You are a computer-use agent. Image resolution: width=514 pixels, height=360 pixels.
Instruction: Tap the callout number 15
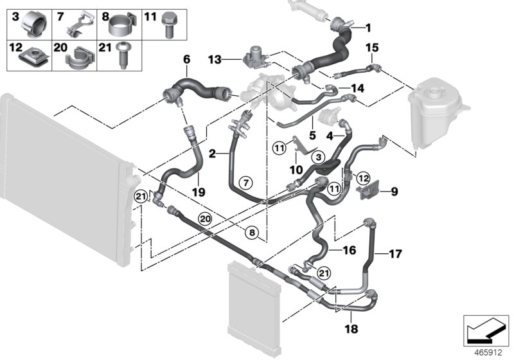click(372, 48)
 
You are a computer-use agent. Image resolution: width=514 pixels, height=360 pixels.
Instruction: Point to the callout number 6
click(187, 59)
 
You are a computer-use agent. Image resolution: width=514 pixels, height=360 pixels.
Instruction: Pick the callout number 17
click(396, 254)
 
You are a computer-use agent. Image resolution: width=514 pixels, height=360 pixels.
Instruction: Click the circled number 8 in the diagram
click(252, 232)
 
